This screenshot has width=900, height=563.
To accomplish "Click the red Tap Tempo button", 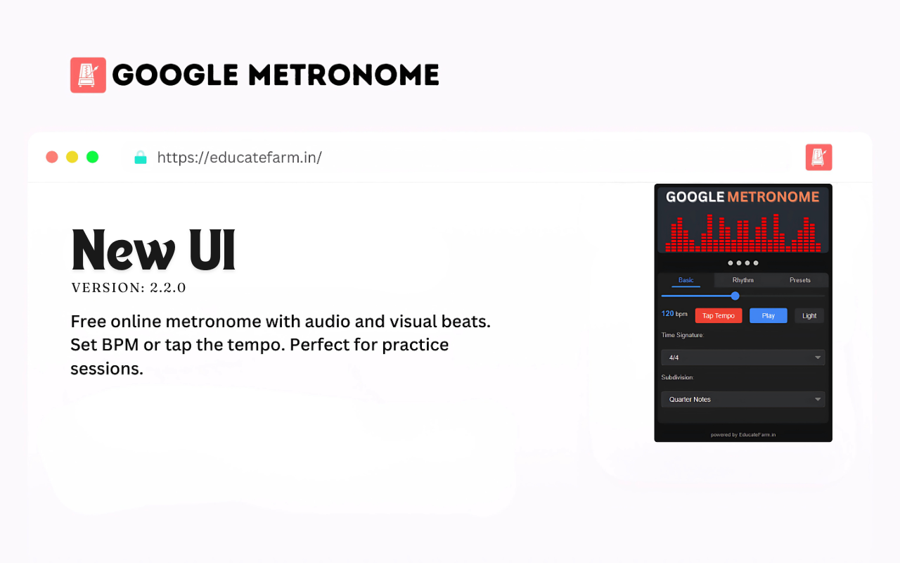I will (x=718, y=316).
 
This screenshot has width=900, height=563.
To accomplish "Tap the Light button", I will (x=809, y=316).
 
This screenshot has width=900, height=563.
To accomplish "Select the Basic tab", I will (x=686, y=280).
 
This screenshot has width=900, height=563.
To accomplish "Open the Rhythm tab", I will (x=742, y=280).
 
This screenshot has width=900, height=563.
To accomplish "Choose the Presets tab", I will (x=799, y=280).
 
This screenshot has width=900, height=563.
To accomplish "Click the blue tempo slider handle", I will (x=735, y=296).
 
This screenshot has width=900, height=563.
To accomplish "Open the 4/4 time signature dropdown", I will (x=742, y=358).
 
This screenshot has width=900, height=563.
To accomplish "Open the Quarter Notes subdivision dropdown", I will (x=742, y=399).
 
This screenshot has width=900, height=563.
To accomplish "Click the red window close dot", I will (x=52, y=157).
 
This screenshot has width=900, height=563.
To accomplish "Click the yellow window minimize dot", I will (x=72, y=157).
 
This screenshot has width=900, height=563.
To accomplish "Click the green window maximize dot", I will (x=92, y=157).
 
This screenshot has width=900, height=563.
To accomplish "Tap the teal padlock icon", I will (x=141, y=157).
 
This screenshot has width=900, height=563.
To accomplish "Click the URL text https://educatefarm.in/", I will (x=239, y=157).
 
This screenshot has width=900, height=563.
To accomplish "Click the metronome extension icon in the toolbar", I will (x=818, y=157).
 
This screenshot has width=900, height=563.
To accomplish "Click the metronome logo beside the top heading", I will (x=88, y=75).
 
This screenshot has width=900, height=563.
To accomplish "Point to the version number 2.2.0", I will (x=167, y=288).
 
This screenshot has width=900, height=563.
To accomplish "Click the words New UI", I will (x=153, y=250).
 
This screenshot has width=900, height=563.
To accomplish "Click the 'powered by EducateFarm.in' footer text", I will (x=742, y=435).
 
